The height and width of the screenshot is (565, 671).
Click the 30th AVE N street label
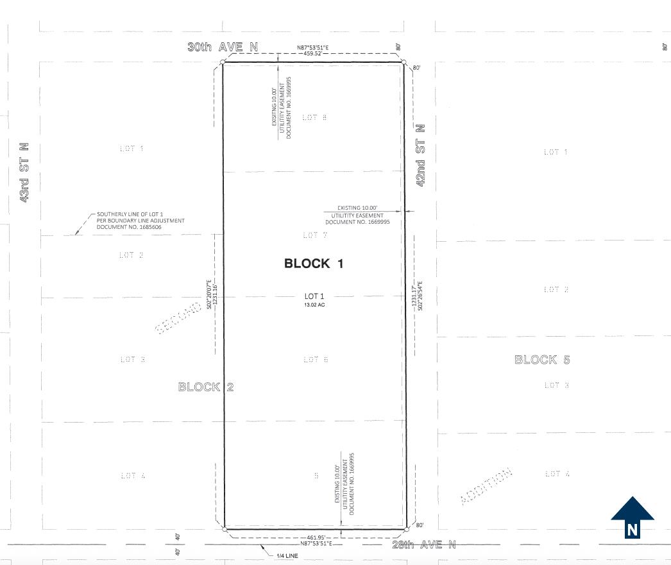[222, 47]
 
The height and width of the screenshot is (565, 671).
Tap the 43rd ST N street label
[24, 173]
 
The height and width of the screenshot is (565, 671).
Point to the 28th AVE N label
[423, 544]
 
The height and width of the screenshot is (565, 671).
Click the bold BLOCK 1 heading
[314, 264]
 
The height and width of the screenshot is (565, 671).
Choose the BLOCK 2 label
[206, 387]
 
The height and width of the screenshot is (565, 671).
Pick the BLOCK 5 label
[542, 360]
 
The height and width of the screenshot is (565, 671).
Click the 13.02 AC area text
[314, 305]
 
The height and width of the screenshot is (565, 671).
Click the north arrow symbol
[633, 516]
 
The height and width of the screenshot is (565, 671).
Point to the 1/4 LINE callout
[287, 555]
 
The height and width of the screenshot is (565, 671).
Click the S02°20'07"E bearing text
[209, 295]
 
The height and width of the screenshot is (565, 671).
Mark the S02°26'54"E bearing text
[420, 296]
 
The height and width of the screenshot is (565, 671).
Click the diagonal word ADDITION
[487, 487]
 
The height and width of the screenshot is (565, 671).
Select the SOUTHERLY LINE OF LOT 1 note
[140, 221]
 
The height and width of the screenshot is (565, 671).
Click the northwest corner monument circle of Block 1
[223, 62]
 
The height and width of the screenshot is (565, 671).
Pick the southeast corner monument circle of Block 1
[407, 529]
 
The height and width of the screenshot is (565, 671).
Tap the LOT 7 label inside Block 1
[315, 235]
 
